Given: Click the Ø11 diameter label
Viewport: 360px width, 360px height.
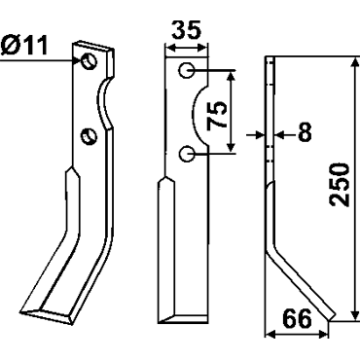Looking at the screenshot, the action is (24, 46).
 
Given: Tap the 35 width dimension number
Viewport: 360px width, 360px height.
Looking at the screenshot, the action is (186, 30).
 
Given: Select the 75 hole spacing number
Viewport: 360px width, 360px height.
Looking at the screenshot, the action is (217, 115).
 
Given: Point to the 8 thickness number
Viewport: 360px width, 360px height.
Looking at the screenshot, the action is (305, 132).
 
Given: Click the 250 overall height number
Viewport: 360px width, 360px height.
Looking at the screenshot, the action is (340, 185).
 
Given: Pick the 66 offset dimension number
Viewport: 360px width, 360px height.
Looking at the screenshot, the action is (297, 318).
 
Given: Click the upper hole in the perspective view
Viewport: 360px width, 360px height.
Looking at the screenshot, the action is (89, 61).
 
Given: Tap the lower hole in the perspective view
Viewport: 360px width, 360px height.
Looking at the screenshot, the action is (89, 136).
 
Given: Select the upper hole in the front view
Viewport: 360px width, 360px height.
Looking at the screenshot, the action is (187, 70).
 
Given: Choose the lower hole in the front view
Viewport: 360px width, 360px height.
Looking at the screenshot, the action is (187, 154).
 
